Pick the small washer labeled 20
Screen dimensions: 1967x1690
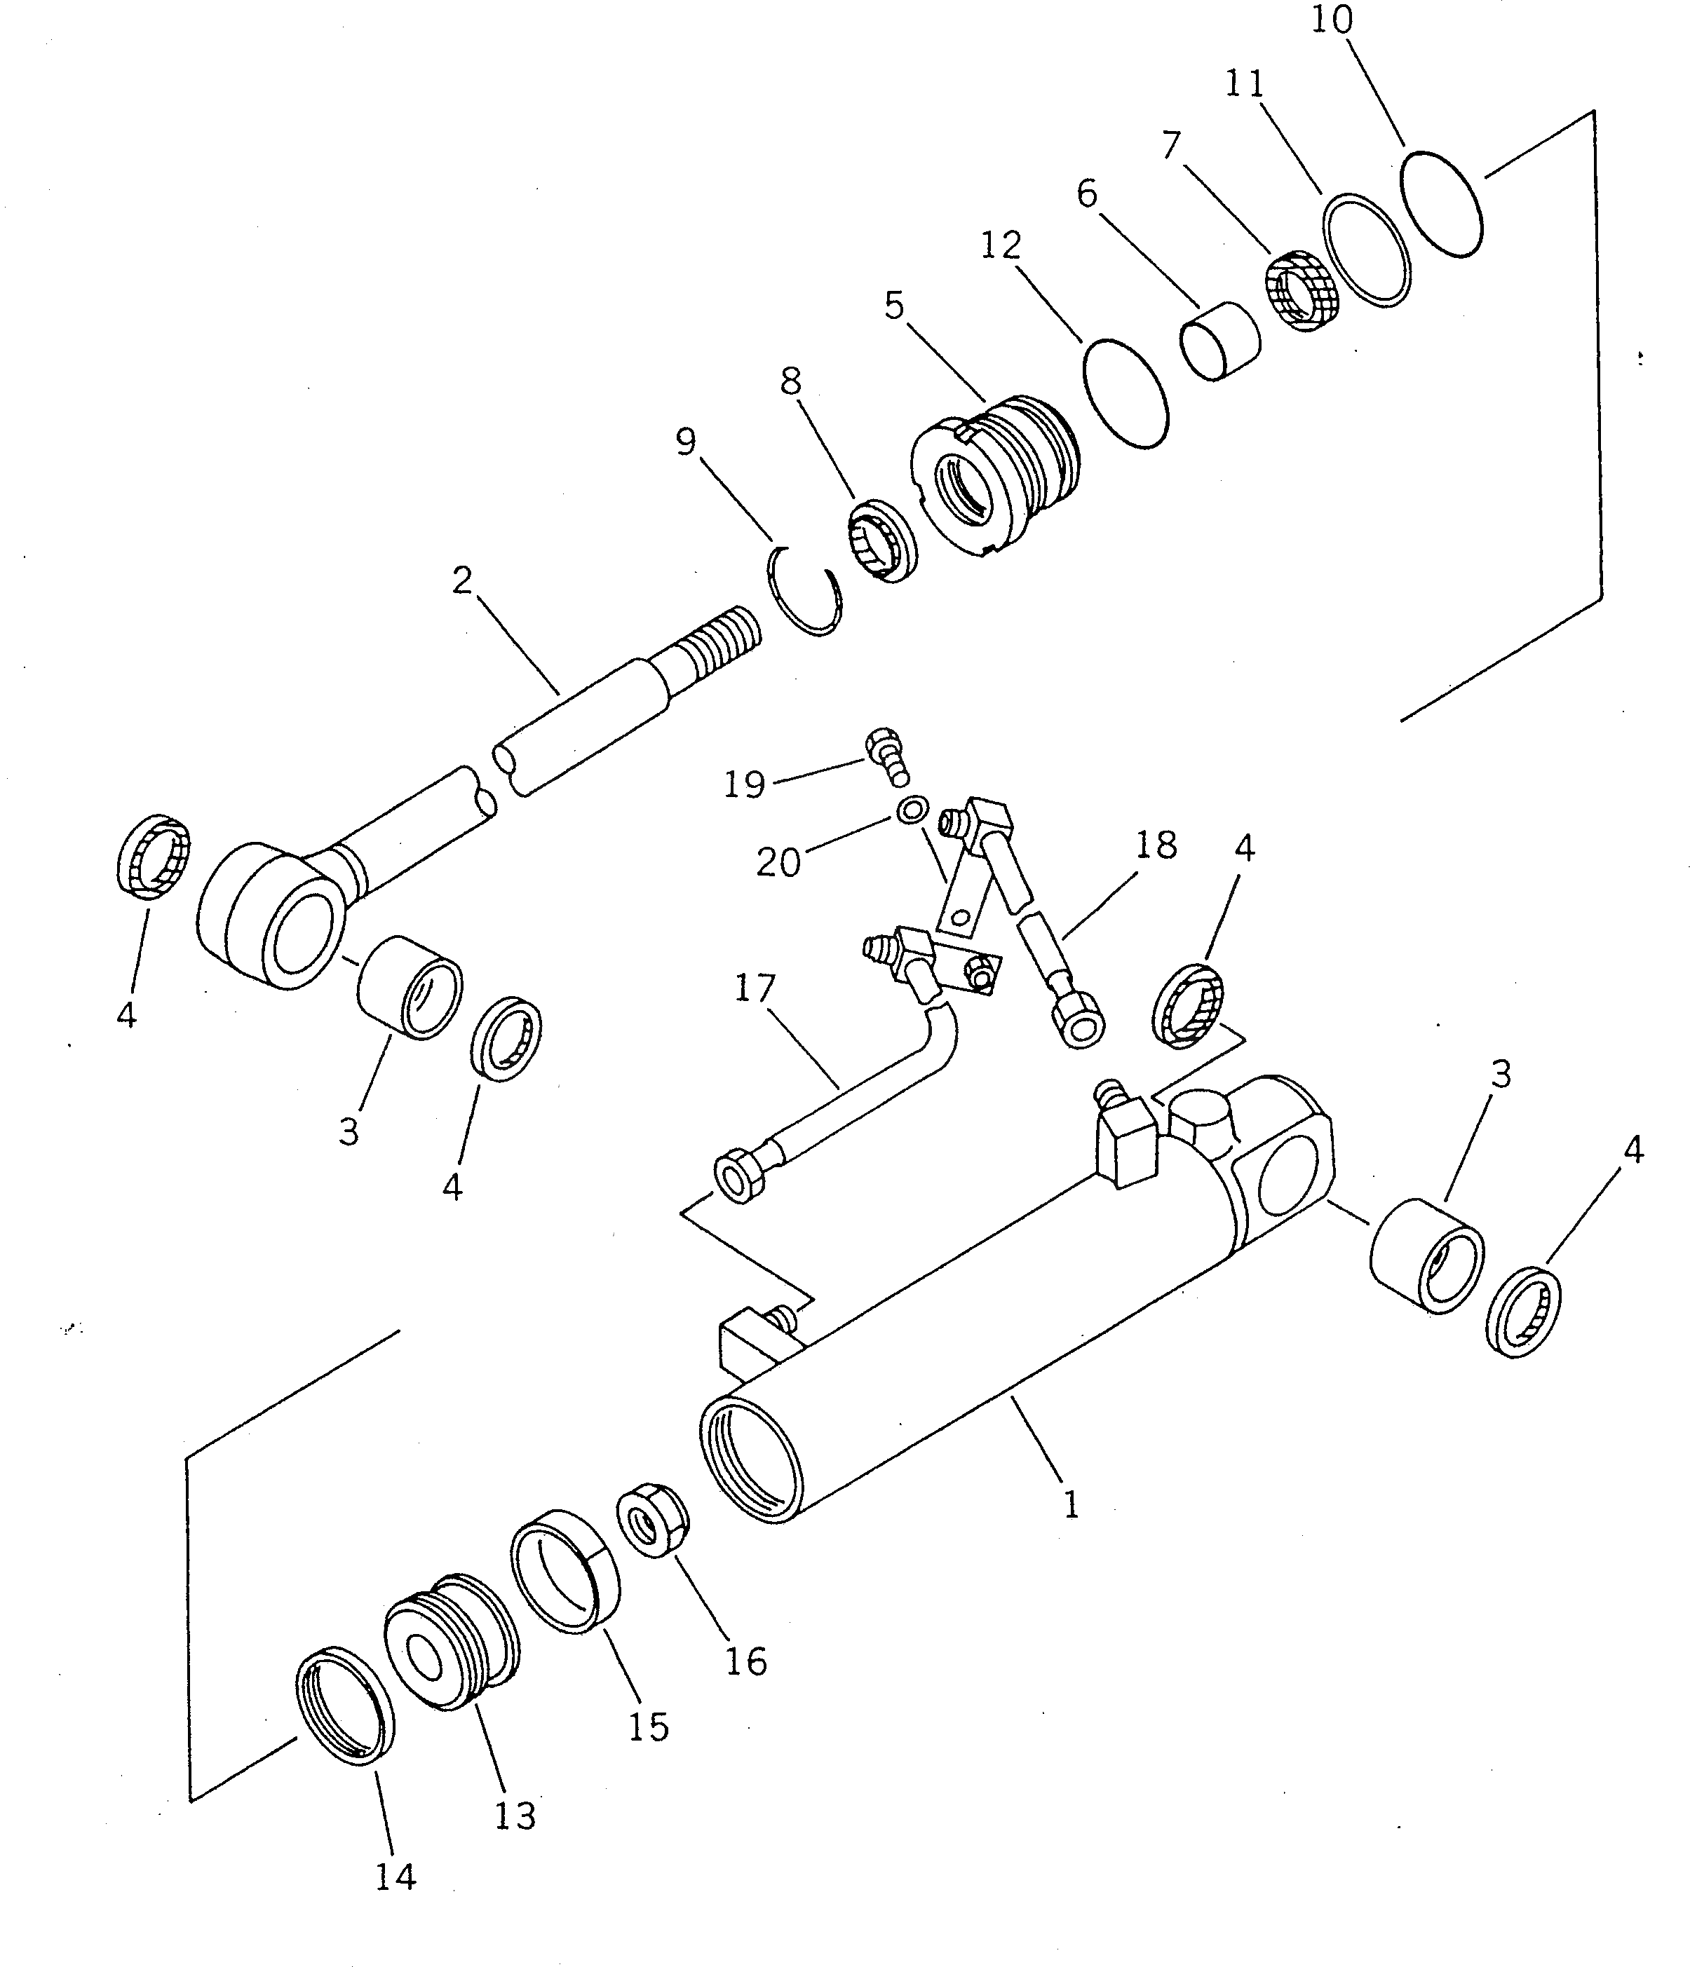[x=913, y=810]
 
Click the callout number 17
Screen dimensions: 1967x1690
[x=755, y=988]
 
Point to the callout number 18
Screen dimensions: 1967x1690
[x=1156, y=845]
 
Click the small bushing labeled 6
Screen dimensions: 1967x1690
[x=1220, y=341]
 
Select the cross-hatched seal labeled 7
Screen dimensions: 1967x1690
[x=1304, y=290]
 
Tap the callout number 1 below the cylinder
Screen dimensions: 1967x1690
[x=1071, y=1504]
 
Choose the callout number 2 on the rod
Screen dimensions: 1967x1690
[x=461, y=580]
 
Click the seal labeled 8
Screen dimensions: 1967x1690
[x=882, y=542]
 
